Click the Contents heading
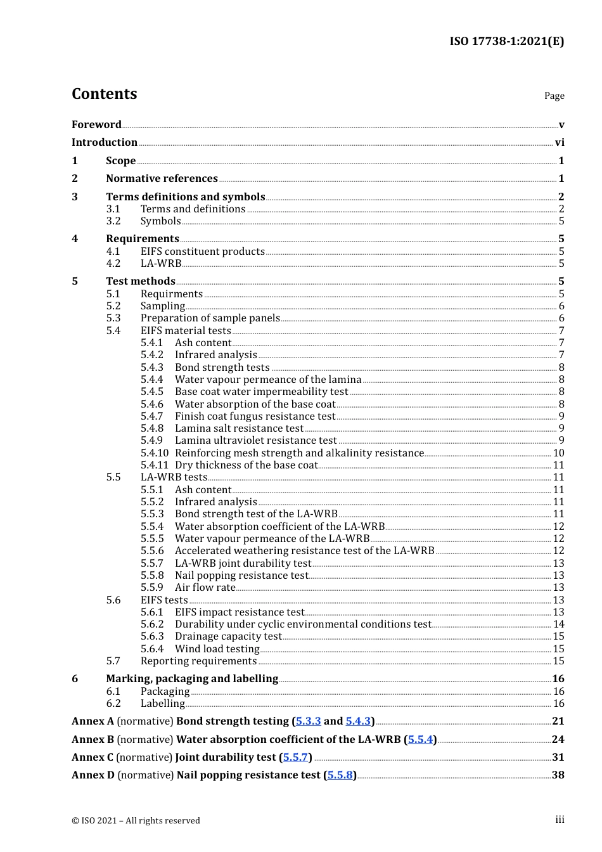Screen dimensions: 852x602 104,94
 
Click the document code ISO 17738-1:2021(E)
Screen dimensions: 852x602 506,41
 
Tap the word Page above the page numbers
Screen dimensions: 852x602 554,96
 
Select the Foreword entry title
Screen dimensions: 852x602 96,125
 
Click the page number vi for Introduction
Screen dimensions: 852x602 560,143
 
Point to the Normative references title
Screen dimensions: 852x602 162,179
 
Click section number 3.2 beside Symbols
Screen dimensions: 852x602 113,221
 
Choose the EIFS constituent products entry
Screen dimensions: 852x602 202,252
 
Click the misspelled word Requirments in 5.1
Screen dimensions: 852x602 172,294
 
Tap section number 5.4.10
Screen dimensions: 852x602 155,453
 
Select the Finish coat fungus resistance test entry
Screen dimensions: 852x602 255,416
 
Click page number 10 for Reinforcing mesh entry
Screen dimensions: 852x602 558,453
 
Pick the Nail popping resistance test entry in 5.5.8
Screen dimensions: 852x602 241,576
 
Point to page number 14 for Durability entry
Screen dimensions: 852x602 558,624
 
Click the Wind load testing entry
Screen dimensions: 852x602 217,649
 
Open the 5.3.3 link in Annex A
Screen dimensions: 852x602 309,721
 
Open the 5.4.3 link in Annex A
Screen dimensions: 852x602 358,721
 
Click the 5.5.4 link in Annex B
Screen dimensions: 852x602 420,740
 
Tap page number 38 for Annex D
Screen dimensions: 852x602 558,775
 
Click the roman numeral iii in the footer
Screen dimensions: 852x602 560,820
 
